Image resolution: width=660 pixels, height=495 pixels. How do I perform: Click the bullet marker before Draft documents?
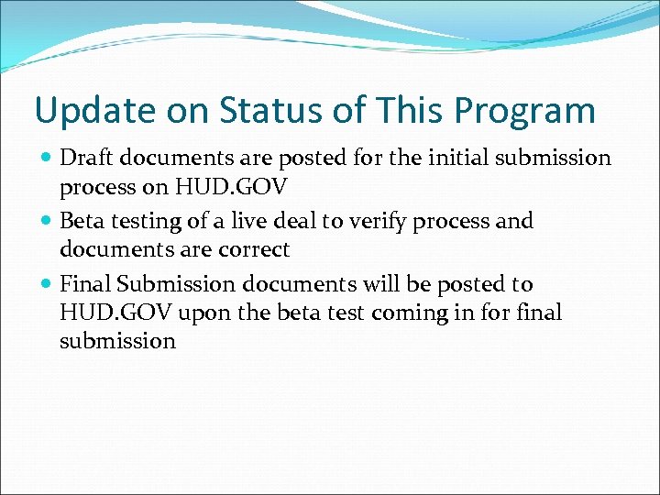pyautogui.click(x=47, y=159)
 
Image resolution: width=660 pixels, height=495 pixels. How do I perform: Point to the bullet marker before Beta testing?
pyautogui.click(x=47, y=222)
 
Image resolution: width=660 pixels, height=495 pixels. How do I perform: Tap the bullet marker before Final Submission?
pyautogui.click(x=47, y=285)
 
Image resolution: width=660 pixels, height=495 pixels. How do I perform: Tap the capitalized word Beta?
pyautogui.click(x=82, y=221)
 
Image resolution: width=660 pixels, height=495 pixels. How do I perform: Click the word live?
pyautogui.click(x=251, y=221)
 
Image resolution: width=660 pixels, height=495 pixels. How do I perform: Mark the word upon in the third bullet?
pyautogui.click(x=202, y=313)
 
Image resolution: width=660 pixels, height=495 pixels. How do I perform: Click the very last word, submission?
pyautogui.click(x=117, y=341)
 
